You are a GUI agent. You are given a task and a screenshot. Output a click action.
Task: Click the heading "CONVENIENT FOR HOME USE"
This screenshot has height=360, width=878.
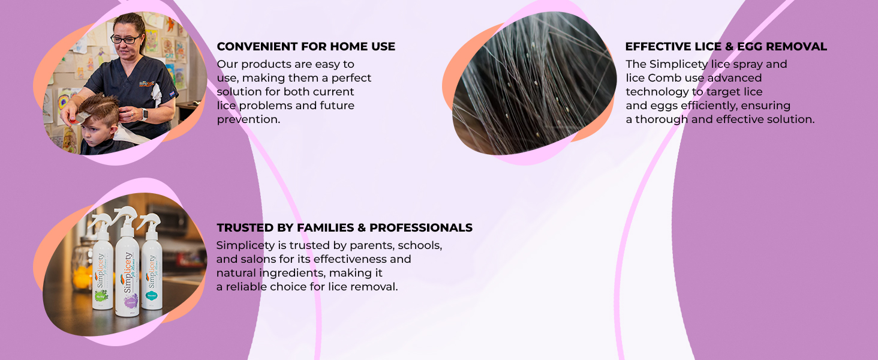point(306,47)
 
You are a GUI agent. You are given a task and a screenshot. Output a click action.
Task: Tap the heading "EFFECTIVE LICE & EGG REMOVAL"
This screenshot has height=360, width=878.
point(726,47)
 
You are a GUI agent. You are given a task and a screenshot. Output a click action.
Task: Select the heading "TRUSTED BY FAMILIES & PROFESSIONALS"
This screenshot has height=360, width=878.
point(344,228)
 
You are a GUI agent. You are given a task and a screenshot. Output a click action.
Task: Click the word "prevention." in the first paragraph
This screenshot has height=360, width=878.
point(248,119)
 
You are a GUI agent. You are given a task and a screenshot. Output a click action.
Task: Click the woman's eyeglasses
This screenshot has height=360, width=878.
point(125,39)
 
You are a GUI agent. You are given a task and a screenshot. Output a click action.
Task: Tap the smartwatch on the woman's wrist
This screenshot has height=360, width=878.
point(145,115)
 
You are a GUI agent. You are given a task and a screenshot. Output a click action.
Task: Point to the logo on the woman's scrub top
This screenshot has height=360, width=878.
point(147,83)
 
